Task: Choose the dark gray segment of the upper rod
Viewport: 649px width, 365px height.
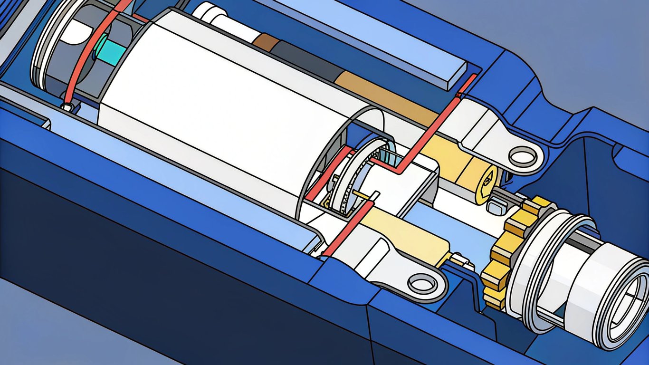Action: [304, 60]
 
